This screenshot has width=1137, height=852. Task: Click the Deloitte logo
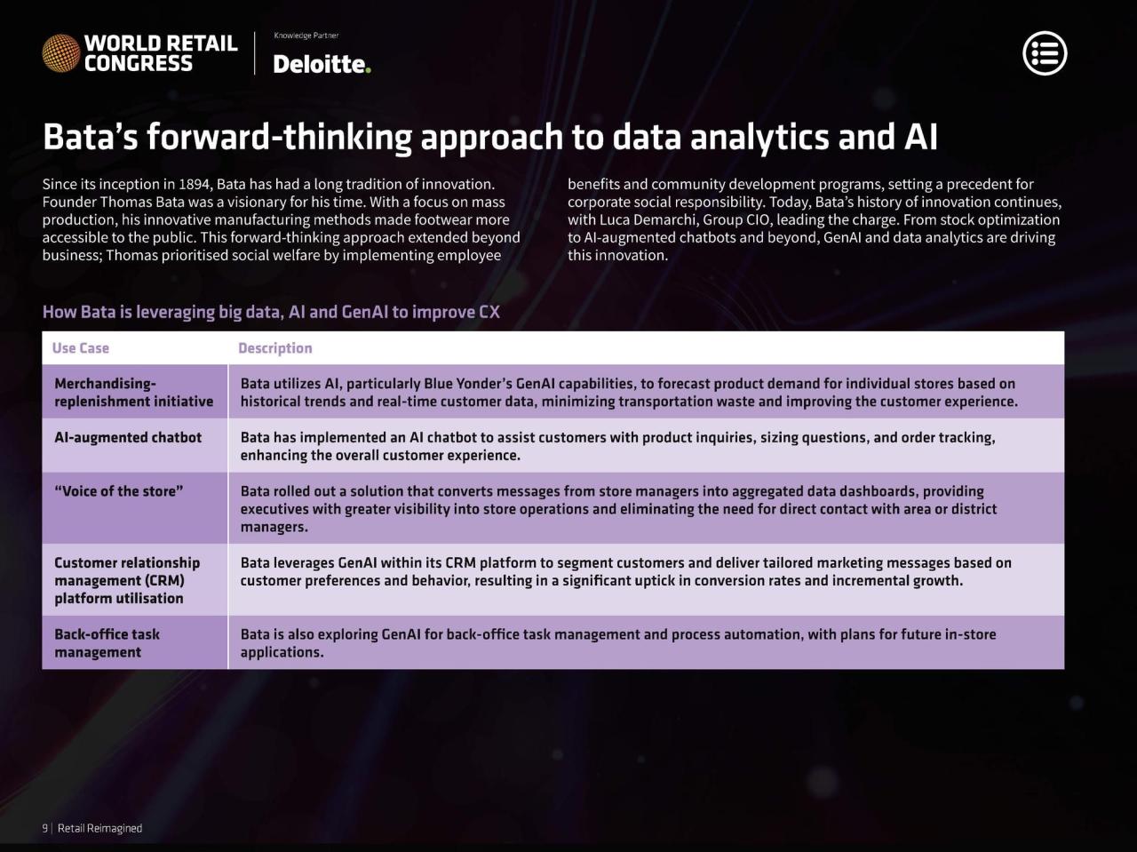coord(322,64)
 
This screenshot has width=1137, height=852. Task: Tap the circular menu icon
coord(1045,53)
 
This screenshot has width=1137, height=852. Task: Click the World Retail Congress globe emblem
coord(61,52)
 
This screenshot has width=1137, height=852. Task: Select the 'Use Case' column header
coord(80,348)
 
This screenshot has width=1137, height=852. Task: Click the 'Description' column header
coord(275,348)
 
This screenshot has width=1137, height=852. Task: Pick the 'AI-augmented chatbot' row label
coord(128,438)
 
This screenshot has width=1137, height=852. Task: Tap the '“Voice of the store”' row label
coord(119,491)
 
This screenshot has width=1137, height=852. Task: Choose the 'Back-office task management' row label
coord(107,643)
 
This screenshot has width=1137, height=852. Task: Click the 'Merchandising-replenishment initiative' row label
coord(133,393)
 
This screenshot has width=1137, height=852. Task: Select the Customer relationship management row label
coord(127,581)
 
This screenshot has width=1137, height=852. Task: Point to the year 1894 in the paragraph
coord(195,185)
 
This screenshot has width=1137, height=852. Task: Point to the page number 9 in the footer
coord(45,828)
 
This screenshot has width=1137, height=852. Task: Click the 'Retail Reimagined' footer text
coord(100,828)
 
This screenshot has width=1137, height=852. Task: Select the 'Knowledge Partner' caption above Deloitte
coord(306,36)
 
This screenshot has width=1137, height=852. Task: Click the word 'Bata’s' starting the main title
coord(90,137)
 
